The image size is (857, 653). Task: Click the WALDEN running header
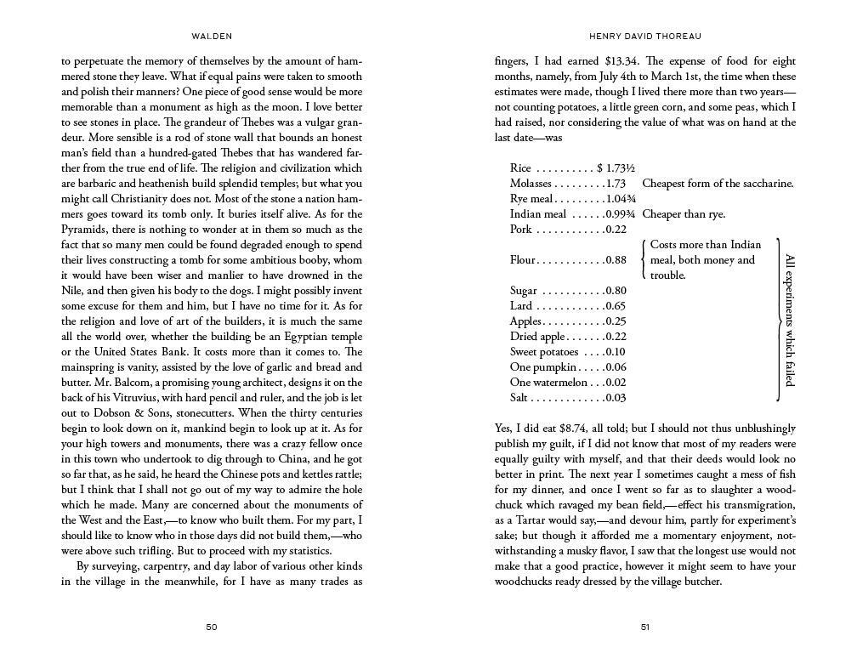pos(212,37)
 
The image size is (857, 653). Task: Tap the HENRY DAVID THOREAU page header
pos(644,37)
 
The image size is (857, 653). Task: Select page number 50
pos(212,627)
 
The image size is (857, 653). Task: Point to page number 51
pos(645,627)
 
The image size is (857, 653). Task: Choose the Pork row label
pos(521,230)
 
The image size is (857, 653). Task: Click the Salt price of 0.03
pos(616,398)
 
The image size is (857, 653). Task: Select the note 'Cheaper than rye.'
pos(684,214)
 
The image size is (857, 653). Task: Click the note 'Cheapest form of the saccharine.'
pos(718,184)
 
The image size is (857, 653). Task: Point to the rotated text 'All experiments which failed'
pos(789,320)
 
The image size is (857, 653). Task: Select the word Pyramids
pos(86,230)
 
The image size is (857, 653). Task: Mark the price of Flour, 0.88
pos(616,260)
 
